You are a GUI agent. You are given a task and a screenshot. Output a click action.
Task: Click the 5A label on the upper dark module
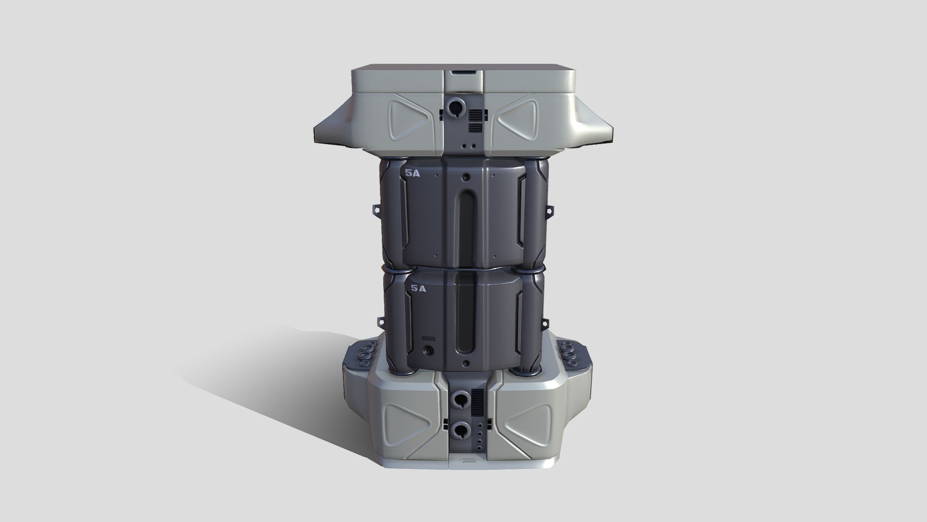coord(413,174)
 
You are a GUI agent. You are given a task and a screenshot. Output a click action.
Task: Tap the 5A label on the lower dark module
coord(418,289)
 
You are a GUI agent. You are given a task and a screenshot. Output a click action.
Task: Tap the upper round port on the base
coord(460,399)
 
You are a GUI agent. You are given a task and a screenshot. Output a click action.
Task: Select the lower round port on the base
coord(460,429)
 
